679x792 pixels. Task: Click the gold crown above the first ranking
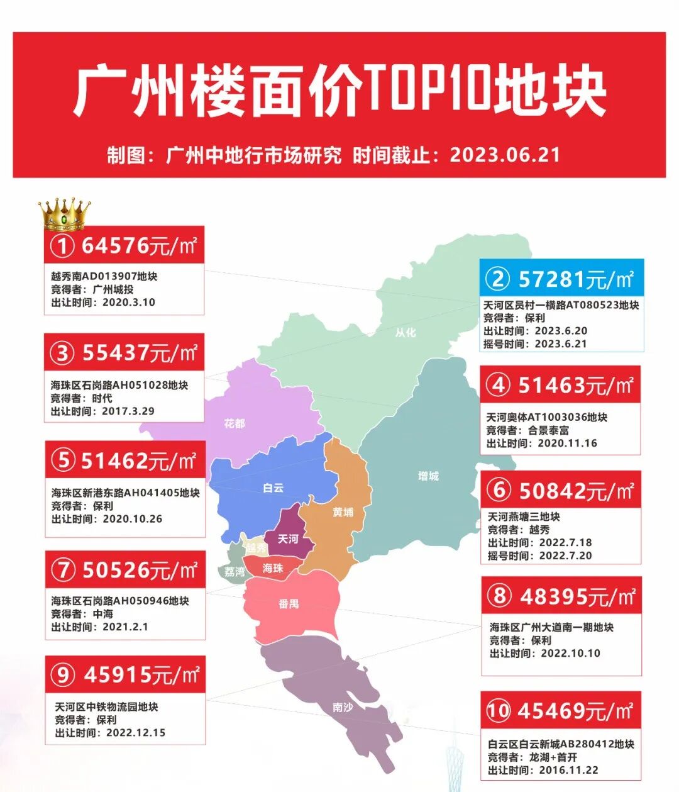click(x=64, y=215)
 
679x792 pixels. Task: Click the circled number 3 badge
click(x=62, y=354)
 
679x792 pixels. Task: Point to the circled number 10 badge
click(x=498, y=711)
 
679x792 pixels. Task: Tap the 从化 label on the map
click(x=406, y=332)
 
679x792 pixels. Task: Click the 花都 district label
click(x=235, y=423)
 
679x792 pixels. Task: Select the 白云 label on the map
click(x=273, y=488)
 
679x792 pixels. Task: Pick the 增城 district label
click(x=428, y=476)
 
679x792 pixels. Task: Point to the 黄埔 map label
click(x=343, y=512)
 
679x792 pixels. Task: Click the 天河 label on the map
click(x=288, y=539)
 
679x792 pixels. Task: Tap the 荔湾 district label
click(x=235, y=571)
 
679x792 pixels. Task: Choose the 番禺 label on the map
click(x=288, y=604)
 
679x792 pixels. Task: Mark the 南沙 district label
click(x=343, y=707)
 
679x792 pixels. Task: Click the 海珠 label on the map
click(x=273, y=568)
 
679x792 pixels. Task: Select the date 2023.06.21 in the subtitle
click(x=505, y=155)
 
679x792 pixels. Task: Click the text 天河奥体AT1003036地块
click(x=547, y=417)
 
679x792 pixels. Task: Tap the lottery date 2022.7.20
click(x=565, y=555)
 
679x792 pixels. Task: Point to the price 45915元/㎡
click(x=141, y=676)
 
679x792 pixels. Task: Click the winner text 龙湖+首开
click(x=553, y=757)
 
